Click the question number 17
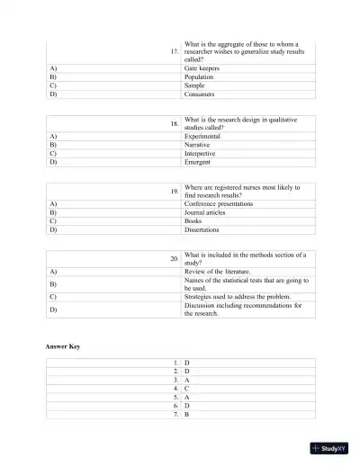point(175,52)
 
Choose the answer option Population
point(200,77)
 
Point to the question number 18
point(175,123)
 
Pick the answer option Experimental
point(204,136)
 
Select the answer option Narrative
point(201,144)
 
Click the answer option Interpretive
point(203,153)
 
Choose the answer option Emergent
point(200,162)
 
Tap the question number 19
point(175,192)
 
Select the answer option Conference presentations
point(218,204)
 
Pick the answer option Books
point(193,220)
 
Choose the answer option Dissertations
point(203,229)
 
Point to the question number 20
point(175,259)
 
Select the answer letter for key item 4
point(186,389)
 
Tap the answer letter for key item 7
point(186,415)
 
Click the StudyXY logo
point(331,448)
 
